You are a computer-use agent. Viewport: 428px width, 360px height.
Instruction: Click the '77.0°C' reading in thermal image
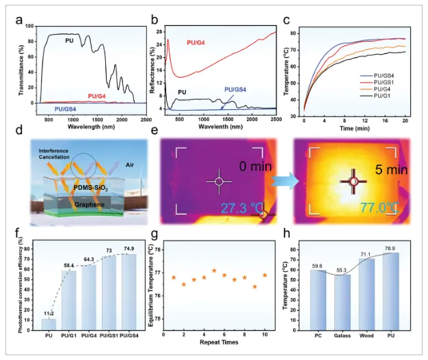[364, 206]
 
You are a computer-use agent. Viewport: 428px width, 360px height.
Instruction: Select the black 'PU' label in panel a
[69, 41]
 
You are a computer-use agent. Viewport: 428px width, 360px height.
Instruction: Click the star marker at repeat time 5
[214, 271]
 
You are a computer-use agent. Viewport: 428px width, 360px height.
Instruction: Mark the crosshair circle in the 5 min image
[353, 181]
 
